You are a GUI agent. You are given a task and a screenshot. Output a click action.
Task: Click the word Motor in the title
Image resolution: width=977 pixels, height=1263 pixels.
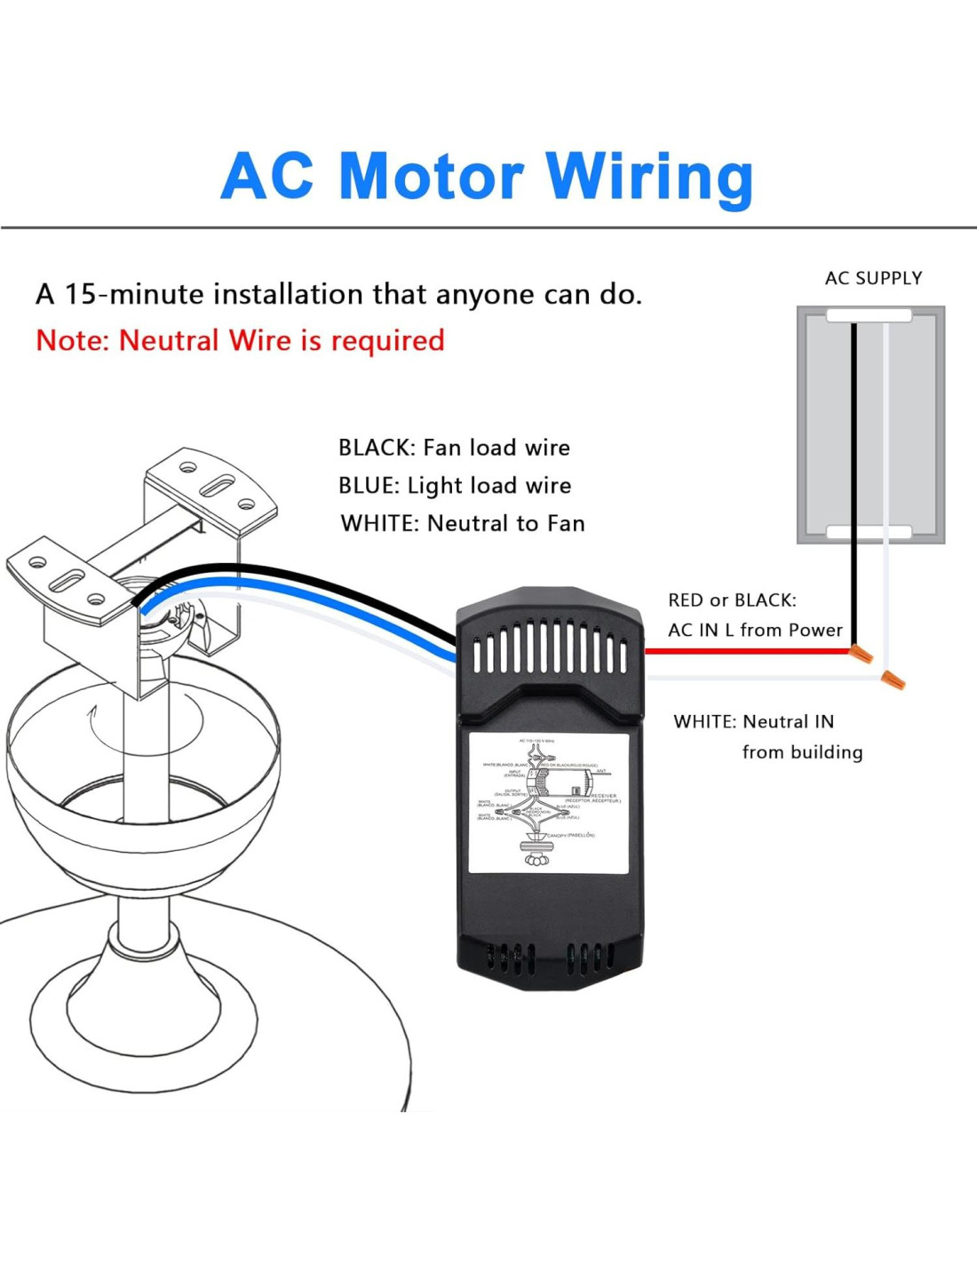[431, 176]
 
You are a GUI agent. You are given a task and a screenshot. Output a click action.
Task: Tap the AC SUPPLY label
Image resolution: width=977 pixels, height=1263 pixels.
[873, 278]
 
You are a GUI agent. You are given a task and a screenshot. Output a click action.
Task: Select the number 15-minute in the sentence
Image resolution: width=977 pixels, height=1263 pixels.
[134, 294]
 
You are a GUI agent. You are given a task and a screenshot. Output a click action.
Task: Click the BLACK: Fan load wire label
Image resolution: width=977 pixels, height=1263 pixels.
[454, 448]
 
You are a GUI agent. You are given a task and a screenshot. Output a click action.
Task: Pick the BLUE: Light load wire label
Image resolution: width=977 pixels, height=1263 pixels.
[455, 486]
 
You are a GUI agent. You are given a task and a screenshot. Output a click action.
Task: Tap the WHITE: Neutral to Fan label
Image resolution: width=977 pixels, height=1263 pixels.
[463, 524]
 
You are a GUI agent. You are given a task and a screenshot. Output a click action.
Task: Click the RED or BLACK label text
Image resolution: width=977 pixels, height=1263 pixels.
[732, 600]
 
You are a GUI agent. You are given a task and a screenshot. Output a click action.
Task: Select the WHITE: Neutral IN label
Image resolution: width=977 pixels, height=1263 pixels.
[753, 722]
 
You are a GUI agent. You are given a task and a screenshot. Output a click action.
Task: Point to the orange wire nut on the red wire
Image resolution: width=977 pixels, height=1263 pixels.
[861, 655]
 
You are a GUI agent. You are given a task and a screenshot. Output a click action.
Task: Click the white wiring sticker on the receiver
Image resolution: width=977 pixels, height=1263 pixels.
[548, 802]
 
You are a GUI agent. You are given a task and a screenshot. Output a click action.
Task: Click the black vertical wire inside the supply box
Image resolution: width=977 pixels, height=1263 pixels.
[854, 444]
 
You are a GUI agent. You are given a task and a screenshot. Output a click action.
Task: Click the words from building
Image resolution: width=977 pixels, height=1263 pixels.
[802, 752]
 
